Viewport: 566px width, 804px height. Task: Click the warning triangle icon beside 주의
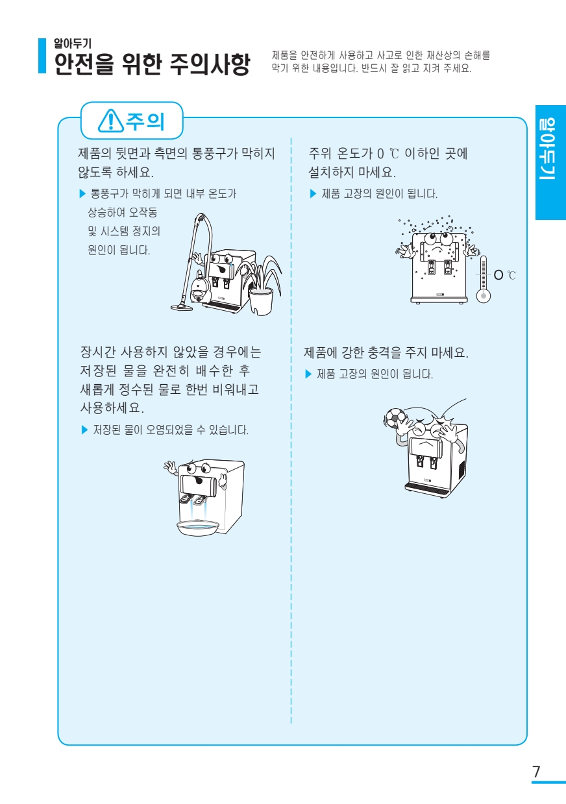click(110, 121)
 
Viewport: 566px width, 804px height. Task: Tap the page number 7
click(536, 772)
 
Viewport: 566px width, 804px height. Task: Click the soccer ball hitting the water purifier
click(395, 418)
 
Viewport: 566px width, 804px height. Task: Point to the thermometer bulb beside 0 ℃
click(484, 295)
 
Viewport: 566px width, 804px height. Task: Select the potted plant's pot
click(261, 301)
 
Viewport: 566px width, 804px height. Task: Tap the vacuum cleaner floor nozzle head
click(181, 306)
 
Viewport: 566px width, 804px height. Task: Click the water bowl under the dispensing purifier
click(198, 528)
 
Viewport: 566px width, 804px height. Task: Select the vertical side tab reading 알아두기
click(550, 162)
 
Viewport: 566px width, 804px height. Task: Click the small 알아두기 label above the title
click(72, 43)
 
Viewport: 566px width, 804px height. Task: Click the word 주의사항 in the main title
click(210, 64)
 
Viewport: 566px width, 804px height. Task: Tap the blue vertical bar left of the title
click(42, 56)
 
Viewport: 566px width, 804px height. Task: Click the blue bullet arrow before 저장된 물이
click(85, 430)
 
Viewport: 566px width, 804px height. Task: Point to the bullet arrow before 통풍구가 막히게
click(82, 194)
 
